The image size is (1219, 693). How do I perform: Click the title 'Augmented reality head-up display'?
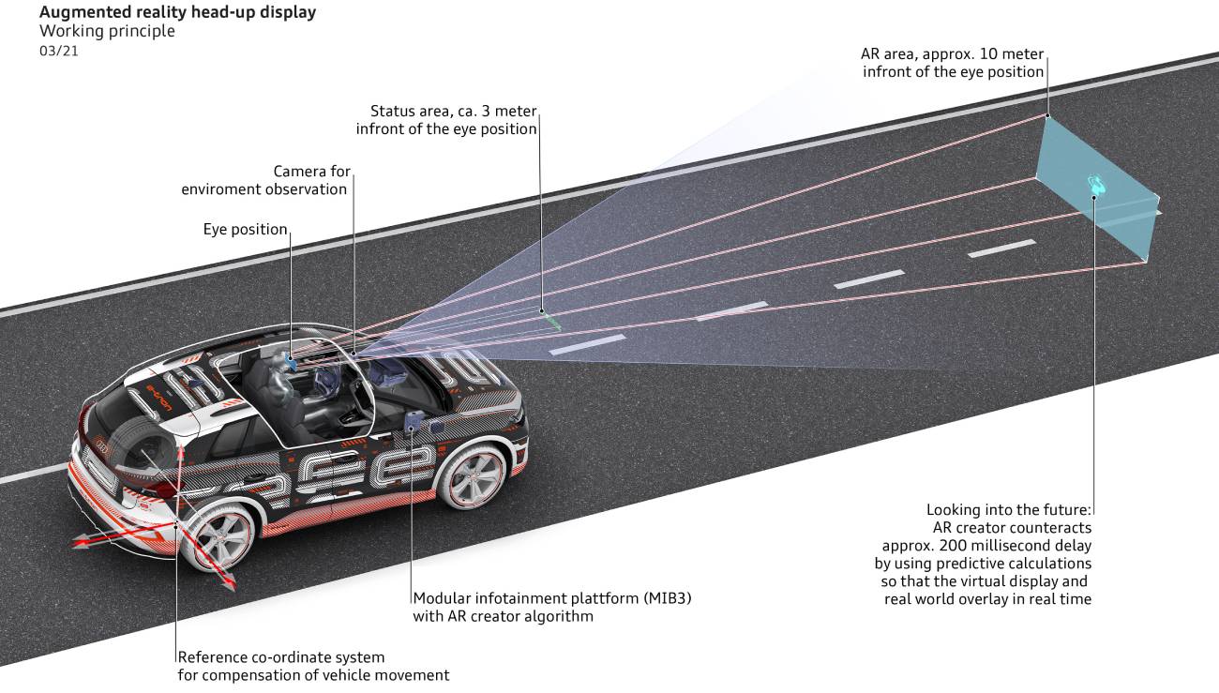(x=177, y=12)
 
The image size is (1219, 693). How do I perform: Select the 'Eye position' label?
(x=245, y=230)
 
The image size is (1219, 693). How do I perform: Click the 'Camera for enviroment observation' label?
(x=263, y=180)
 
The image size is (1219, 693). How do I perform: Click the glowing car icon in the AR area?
(x=1095, y=184)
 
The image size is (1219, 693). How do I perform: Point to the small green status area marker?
(x=551, y=320)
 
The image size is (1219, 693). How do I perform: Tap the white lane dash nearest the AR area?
(x=1001, y=249)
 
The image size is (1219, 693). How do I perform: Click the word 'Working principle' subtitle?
(x=107, y=31)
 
